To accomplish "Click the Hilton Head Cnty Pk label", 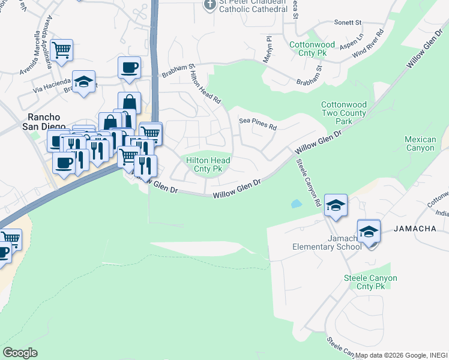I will [x=208, y=164].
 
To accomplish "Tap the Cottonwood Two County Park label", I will [x=344, y=113].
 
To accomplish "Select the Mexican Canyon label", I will [x=420, y=143].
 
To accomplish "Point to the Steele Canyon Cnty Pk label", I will [x=370, y=282].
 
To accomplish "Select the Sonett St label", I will [x=349, y=22].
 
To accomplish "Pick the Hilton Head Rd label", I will [x=206, y=86].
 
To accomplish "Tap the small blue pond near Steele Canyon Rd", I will [x=296, y=203].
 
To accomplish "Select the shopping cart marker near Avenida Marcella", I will [x=62, y=50].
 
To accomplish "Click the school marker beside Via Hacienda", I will [x=84, y=82].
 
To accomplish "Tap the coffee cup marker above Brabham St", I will [x=128, y=67].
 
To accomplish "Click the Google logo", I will [x=20, y=353].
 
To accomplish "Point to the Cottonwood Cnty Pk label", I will [x=313, y=49].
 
